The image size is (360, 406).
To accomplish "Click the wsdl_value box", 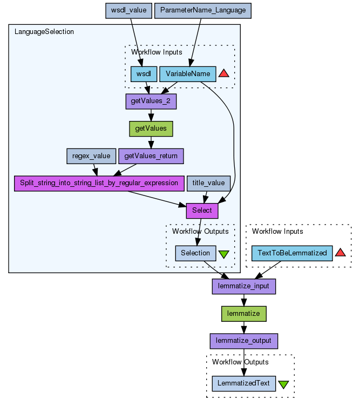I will point(128,10).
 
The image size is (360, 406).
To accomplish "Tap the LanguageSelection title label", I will point(44,32).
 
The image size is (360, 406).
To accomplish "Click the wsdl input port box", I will point(144,73).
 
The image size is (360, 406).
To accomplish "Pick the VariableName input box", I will point(188,73).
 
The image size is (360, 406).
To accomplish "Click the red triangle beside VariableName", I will point(225,73).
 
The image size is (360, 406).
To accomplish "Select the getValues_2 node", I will point(151,101).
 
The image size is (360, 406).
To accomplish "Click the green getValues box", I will point(151,128).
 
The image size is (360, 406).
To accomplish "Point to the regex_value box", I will point(91,156).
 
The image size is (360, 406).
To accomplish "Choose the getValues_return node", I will point(151,156).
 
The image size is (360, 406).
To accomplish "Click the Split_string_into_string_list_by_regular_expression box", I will point(99,183).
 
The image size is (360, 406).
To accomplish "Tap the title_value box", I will point(209,183).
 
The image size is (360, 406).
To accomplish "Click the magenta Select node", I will point(202,210).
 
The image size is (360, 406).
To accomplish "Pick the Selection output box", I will point(195,253).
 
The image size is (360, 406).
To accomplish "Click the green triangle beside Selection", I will point(224,253).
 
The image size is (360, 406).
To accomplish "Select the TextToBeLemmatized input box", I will point(292,253).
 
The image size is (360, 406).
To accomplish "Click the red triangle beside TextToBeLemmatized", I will point(340,253).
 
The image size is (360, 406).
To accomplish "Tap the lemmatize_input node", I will point(244,286).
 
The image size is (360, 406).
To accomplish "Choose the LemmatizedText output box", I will point(244,383).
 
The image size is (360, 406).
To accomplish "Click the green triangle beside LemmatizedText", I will point(283,384).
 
